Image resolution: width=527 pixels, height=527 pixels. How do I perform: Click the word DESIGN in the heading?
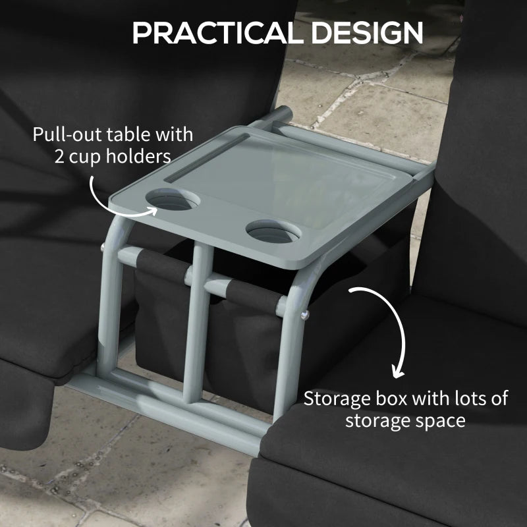353,32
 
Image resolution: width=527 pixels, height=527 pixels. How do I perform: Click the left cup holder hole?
170,198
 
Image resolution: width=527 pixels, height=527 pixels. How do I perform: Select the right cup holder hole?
273,232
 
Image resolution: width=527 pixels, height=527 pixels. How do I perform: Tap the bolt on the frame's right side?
304,316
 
